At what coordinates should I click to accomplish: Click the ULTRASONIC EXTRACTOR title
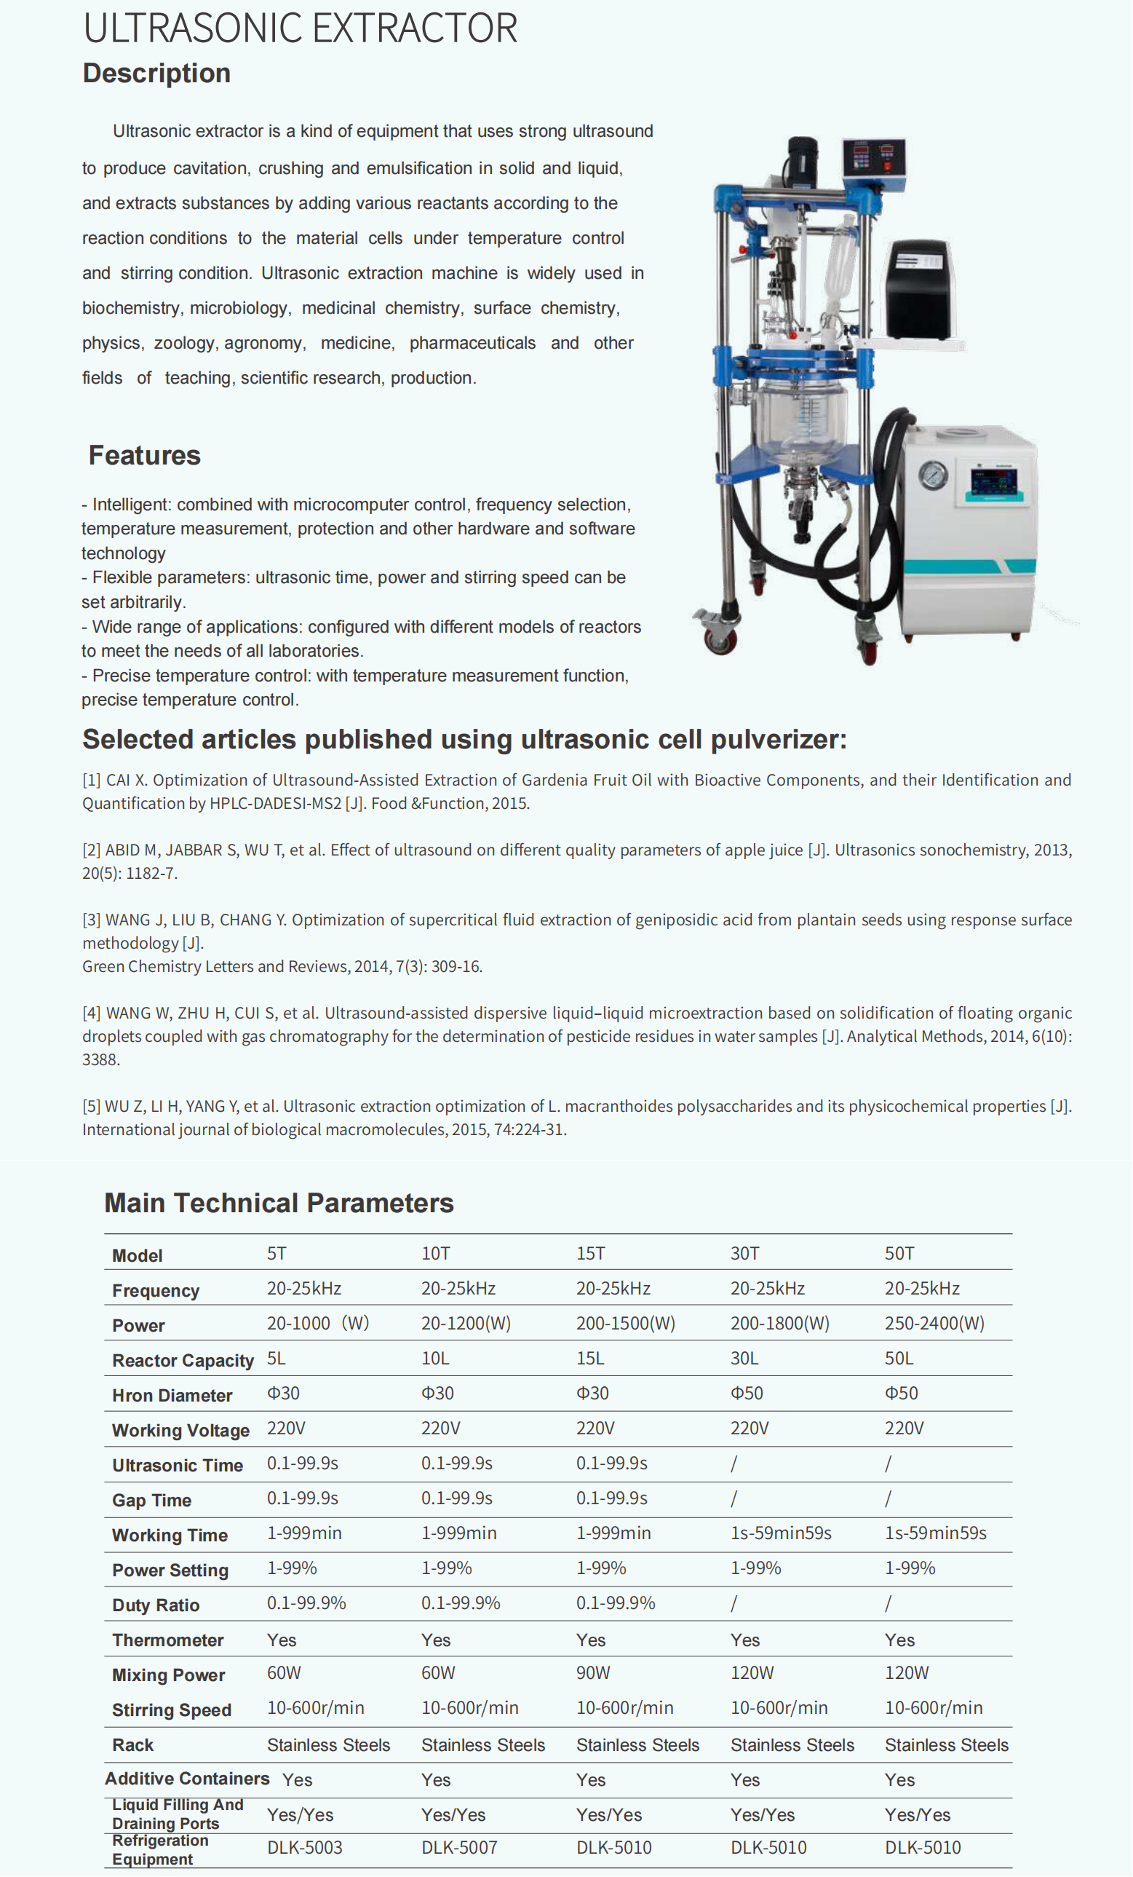(x=300, y=28)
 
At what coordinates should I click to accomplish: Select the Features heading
(x=145, y=455)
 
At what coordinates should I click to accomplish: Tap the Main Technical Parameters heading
(x=279, y=1203)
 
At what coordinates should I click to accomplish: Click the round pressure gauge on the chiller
(x=933, y=475)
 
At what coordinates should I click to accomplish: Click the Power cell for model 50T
(x=934, y=1323)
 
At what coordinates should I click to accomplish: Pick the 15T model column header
(x=590, y=1254)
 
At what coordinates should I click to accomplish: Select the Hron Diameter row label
(x=172, y=1396)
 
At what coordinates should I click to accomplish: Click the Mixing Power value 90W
(x=593, y=1673)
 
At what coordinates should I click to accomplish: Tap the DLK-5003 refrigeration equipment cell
(x=305, y=1848)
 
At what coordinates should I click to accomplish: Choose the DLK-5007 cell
(x=459, y=1848)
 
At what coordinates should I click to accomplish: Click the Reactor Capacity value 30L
(x=744, y=1358)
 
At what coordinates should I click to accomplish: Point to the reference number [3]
(x=92, y=920)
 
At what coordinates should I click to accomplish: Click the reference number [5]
(x=92, y=1106)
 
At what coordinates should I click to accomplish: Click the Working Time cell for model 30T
(x=781, y=1533)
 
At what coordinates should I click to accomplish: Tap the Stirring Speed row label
(x=171, y=1710)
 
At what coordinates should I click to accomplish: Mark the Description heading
(x=157, y=73)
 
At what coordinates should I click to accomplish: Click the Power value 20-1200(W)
(x=466, y=1323)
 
